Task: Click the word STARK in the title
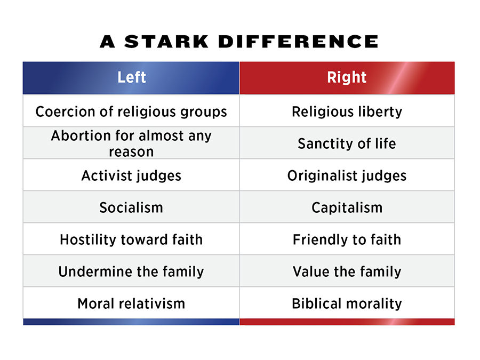pyautogui.click(x=166, y=42)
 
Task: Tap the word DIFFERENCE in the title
pyautogui.click(x=299, y=42)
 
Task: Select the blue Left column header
pyautogui.click(x=131, y=78)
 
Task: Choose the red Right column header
pyautogui.click(x=347, y=78)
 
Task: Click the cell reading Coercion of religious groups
pyautogui.click(x=131, y=111)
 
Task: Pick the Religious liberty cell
pyautogui.click(x=347, y=111)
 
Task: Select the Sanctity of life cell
pyautogui.click(x=347, y=143)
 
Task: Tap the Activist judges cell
pyautogui.click(x=131, y=175)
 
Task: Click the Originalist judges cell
pyautogui.click(x=347, y=175)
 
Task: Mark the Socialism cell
pyautogui.click(x=131, y=207)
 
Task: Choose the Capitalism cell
pyautogui.click(x=347, y=207)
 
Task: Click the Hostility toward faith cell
pyautogui.click(x=131, y=239)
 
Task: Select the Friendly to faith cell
pyautogui.click(x=347, y=239)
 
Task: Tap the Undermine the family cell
pyautogui.click(x=131, y=271)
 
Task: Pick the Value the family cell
pyautogui.click(x=347, y=271)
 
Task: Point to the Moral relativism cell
pyautogui.click(x=131, y=303)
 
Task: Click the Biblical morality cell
pyautogui.click(x=347, y=303)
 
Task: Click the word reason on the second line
pyautogui.click(x=131, y=152)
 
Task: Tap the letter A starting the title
pyautogui.click(x=107, y=42)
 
